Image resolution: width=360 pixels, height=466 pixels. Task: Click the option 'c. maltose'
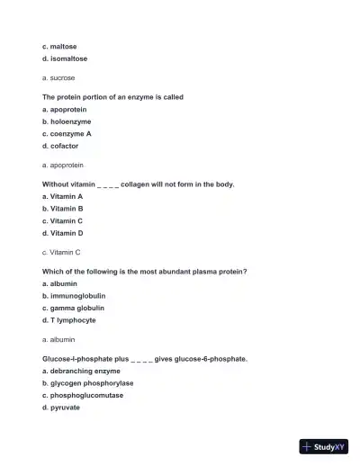point(59,46)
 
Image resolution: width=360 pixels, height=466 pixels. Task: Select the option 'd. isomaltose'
point(65,58)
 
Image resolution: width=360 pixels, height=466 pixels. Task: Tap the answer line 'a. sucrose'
point(58,78)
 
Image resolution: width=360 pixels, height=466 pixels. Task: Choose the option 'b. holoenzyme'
point(67,121)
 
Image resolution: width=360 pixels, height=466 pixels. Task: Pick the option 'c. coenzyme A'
point(67,133)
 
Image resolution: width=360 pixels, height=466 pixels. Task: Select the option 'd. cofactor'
point(60,146)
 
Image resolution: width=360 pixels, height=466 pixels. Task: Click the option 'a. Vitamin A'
point(63,195)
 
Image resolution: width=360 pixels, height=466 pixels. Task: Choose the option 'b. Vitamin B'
point(63,208)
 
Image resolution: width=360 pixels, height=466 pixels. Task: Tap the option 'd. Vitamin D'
point(63,233)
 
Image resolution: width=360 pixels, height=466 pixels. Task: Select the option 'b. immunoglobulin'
point(74,295)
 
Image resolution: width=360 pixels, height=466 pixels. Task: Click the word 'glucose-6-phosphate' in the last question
point(211,358)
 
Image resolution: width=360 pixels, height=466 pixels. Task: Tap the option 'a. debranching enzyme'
point(81,371)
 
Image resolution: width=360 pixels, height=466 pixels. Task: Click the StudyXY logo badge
point(324,446)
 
